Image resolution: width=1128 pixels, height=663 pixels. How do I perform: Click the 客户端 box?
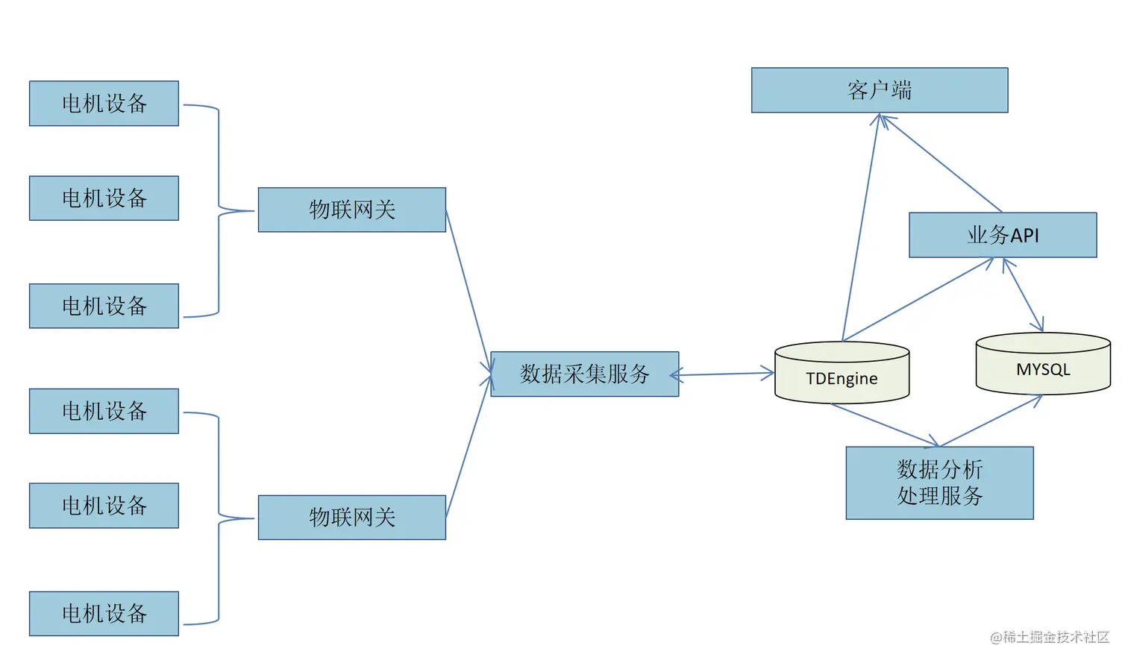(x=879, y=90)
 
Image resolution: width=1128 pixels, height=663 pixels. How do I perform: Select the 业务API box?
(x=1002, y=235)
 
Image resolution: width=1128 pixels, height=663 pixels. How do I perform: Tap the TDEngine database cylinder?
(x=842, y=373)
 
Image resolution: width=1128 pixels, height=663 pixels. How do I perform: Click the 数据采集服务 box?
(x=584, y=374)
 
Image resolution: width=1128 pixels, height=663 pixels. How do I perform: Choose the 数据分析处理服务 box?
(x=939, y=483)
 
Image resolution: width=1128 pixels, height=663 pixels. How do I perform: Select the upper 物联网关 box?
(x=351, y=210)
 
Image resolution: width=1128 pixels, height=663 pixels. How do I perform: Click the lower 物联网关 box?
(x=351, y=517)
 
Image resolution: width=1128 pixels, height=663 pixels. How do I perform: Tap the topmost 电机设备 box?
(x=104, y=103)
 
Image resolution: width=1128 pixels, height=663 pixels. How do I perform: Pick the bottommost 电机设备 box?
(x=104, y=613)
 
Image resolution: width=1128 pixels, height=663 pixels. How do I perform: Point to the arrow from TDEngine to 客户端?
(x=861, y=227)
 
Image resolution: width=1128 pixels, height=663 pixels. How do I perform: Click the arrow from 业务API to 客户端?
(x=941, y=163)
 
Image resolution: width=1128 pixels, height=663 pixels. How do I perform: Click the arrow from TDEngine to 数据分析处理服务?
(x=885, y=425)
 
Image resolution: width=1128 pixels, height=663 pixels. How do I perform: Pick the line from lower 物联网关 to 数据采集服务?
(x=468, y=447)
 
